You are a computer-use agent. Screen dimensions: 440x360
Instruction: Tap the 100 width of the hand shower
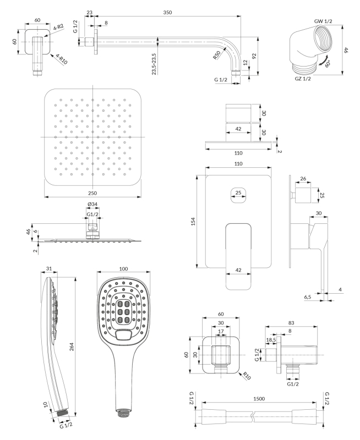[x=123, y=268]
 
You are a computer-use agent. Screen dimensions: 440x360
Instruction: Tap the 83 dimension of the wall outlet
[x=291, y=323]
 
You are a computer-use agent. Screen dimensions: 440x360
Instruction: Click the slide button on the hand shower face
[x=123, y=334]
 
